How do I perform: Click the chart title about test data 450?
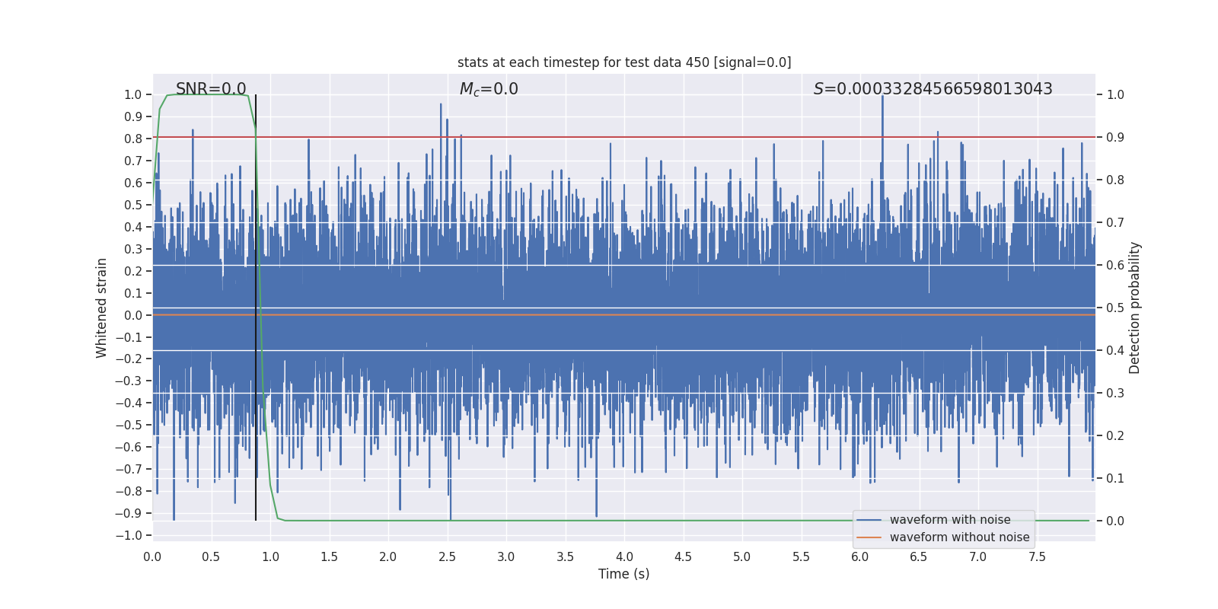coord(624,62)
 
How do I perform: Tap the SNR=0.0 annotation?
coord(211,89)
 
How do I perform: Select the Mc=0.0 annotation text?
coord(489,89)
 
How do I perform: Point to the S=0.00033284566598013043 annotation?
coord(933,89)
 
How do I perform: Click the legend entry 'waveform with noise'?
coord(949,520)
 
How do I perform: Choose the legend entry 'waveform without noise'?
coord(959,537)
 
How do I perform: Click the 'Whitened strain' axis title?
coord(102,308)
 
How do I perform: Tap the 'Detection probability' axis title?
coord(1135,308)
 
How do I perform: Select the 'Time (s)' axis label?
coord(624,574)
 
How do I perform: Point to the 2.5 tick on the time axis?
coord(447,557)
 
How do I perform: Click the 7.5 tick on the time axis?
coord(1037,557)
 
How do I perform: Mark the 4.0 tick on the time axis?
coord(624,557)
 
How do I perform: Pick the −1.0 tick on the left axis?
coord(129,535)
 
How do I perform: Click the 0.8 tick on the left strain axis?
coord(133,139)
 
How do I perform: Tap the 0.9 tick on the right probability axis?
coord(1115,138)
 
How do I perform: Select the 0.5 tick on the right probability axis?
coord(1115,308)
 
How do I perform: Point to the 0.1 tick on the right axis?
coord(1115,479)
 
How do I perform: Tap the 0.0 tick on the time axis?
coord(152,557)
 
